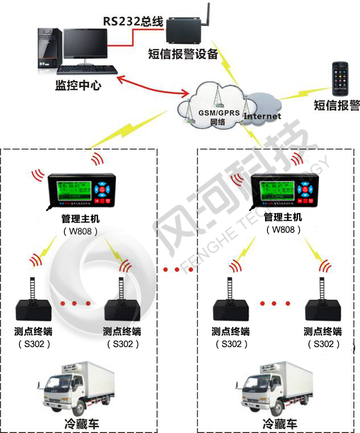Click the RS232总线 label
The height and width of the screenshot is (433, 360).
(x=133, y=22)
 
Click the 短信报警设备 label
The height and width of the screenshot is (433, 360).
(x=183, y=55)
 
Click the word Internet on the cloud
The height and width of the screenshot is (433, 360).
(x=262, y=116)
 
